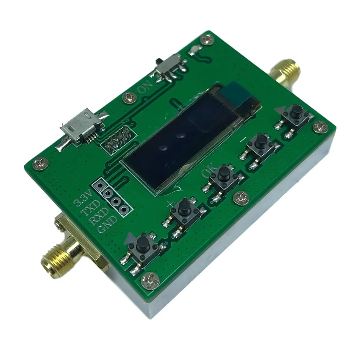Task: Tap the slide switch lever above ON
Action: pyautogui.click(x=158, y=62)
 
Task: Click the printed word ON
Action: pyautogui.click(x=146, y=87)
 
